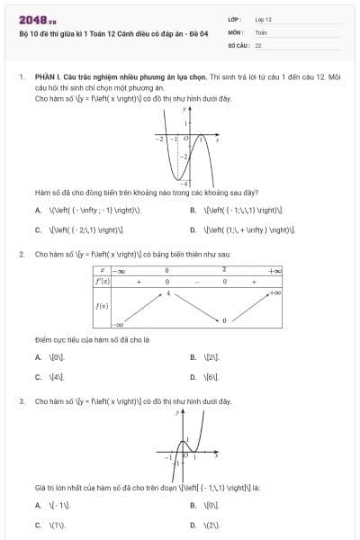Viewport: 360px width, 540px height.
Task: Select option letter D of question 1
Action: coord(193,229)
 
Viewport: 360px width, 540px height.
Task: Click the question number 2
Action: coord(21,255)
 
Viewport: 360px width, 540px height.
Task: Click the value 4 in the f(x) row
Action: coord(167,294)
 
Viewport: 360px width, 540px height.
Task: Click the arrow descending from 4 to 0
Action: coord(196,307)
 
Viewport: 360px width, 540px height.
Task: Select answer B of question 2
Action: coord(193,357)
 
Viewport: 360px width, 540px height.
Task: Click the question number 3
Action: coord(21,400)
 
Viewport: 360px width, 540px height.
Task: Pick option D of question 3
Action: coord(193,524)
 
